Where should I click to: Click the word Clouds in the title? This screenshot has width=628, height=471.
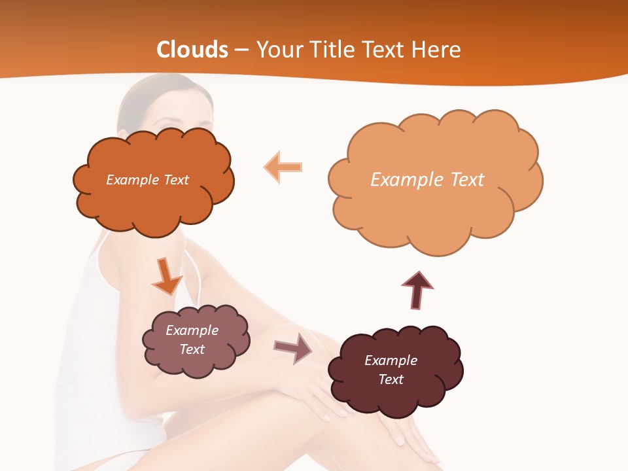pos(192,50)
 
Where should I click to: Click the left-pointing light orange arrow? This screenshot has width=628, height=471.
pos(283,167)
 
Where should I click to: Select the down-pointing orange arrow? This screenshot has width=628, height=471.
pos(166,276)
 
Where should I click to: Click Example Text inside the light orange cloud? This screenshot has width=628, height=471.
pos(427,179)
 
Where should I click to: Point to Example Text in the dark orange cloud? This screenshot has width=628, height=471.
pos(147,180)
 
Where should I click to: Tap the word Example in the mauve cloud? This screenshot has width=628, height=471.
pos(192,330)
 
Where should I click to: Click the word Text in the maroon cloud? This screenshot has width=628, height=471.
pos(391,379)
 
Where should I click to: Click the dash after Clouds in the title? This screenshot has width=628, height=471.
pos(241,50)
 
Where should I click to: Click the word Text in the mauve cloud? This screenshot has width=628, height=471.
pos(192,349)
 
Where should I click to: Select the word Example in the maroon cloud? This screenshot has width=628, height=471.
pos(391,360)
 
